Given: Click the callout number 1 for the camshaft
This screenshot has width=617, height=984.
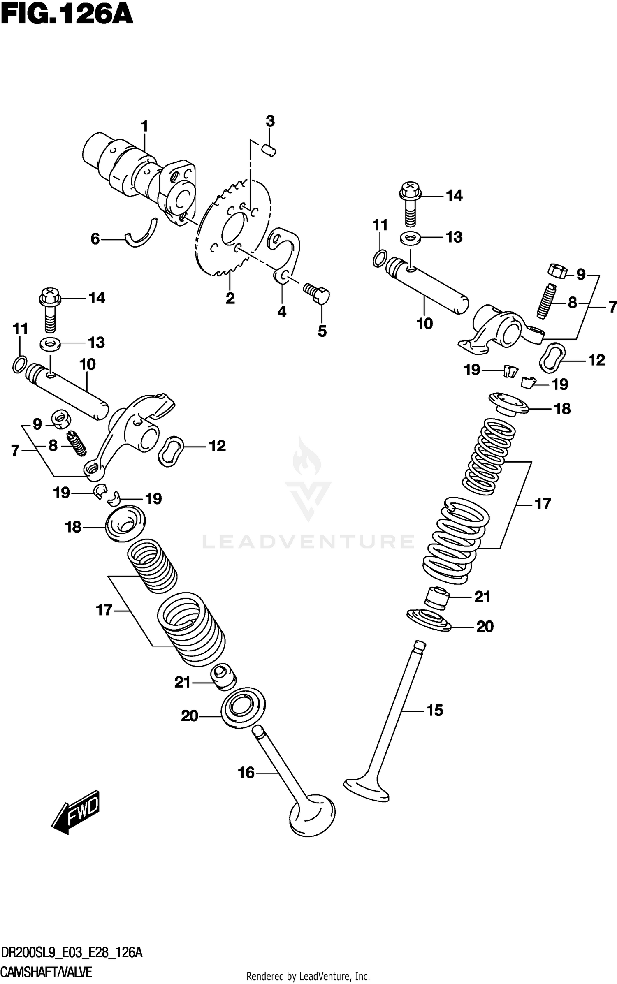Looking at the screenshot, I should (144, 126).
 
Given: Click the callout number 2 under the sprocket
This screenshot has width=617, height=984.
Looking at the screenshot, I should (230, 298).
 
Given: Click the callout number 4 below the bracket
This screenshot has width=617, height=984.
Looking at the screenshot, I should (282, 312).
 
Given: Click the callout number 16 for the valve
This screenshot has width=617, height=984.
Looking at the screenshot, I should (246, 773).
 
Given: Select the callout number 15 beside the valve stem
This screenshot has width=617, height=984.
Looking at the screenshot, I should (435, 710).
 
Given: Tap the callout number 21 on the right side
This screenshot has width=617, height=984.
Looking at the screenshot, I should (482, 597).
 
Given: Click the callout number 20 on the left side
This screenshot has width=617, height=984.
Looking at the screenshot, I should (190, 716).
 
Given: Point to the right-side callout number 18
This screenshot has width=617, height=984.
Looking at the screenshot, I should (562, 409).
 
